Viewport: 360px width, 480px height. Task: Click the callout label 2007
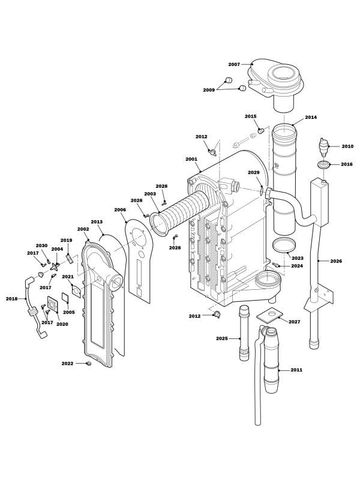(233, 64)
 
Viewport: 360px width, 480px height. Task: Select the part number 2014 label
(311, 117)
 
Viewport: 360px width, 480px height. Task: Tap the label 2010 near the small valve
(347, 146)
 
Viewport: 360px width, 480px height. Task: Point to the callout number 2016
(347, 164)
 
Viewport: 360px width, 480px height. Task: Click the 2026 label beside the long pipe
(337, 261)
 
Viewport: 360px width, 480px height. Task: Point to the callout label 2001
(191, 160)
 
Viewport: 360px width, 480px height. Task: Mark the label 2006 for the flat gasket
(120, 210)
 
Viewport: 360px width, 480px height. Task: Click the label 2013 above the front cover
(97, 221)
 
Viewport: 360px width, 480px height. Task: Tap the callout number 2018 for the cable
(11, 298)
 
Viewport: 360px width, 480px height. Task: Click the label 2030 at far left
(41, 246)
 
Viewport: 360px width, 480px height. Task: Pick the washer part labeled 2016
(322, 164)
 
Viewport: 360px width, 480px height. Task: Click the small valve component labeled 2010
(324, 146)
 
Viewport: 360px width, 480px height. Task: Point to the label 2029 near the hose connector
(254, 173)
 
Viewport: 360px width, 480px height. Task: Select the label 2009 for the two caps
(208, 90)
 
